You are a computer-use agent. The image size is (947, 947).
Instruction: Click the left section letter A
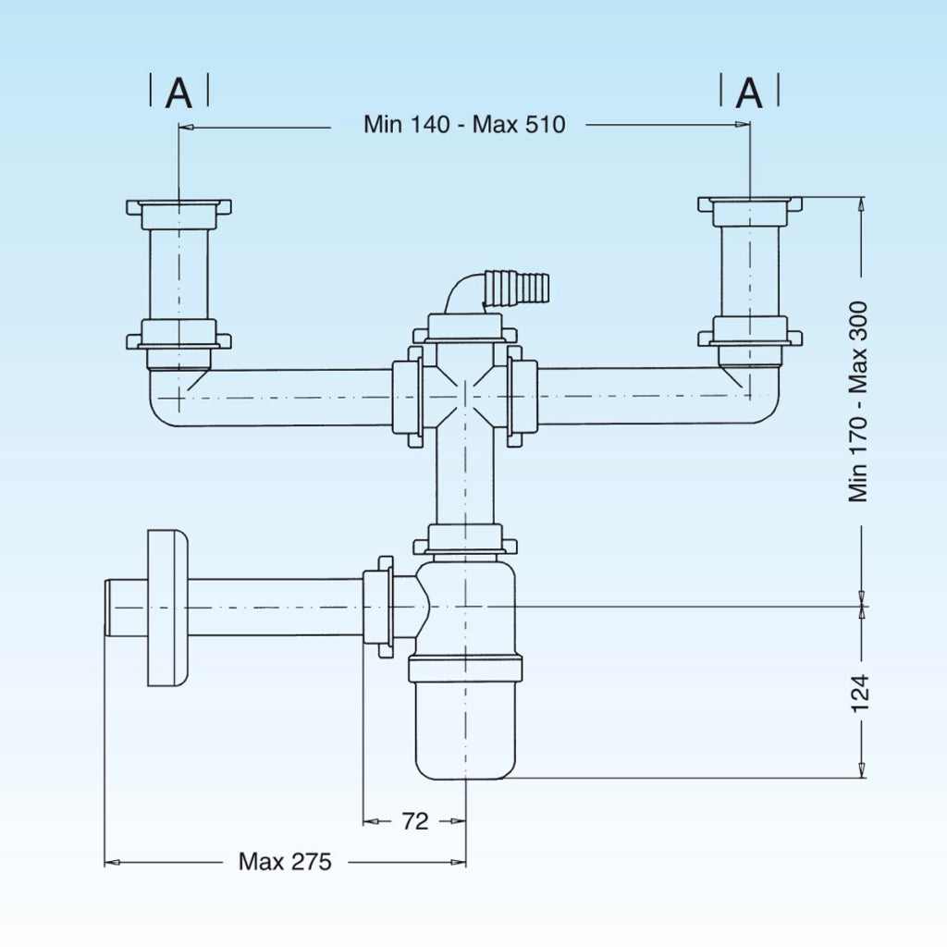[178, 93]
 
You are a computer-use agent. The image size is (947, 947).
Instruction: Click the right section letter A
[749, 93]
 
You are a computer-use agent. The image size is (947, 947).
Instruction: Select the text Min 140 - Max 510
[464, 125]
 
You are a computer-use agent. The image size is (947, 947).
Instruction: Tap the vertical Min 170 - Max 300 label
[857, 401]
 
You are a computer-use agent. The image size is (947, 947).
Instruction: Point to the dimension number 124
[860, 694]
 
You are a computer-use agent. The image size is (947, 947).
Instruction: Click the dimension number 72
[415, 821]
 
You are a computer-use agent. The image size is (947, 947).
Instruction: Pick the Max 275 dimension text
[285, 862]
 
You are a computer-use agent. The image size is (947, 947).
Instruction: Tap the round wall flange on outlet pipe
[168, 608]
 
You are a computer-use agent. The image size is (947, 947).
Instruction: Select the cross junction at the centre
[465, 396]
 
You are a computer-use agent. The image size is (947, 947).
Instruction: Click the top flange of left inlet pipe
[178, 208]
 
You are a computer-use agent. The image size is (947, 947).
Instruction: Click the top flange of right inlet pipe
[750, 204]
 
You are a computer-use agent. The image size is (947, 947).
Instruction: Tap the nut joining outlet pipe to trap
[378, 607]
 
